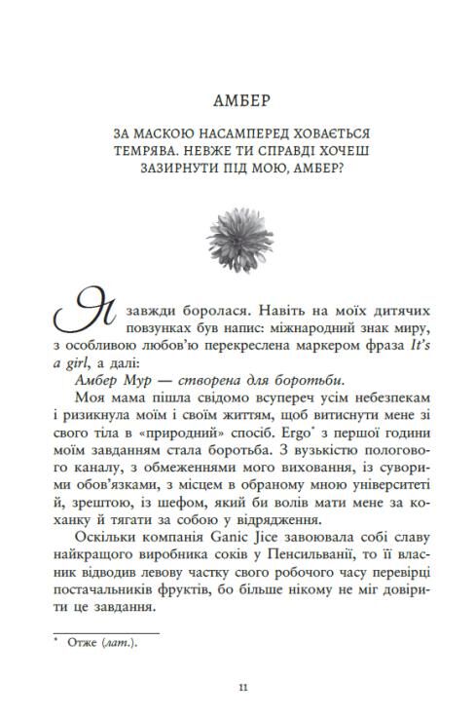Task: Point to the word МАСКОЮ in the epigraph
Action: pyautogui.click(x=158, y=131)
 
